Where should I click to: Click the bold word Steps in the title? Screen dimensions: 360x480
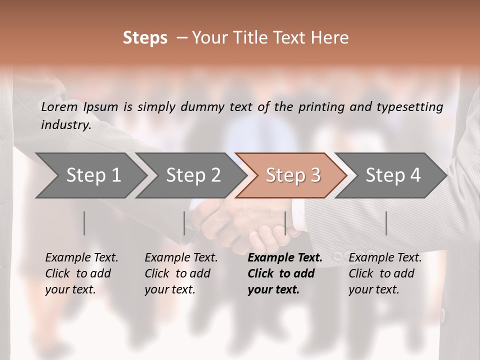[x=145, y=38]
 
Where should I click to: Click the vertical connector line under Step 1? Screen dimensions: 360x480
[x=84, y=223]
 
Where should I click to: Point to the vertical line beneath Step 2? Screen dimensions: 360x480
[x=184, y=223]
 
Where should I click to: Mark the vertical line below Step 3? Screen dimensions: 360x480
[x=285, y=223]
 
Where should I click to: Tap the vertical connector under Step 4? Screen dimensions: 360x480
[x=386, y=223]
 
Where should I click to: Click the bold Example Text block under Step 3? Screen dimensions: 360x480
[x=285, y=273]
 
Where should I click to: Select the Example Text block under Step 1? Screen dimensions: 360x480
[x=81, y=273]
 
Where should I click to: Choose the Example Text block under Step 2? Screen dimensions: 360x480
[x=181, y=273]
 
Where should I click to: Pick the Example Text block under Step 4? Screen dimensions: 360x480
[x=385, y=273]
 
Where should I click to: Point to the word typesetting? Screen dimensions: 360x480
[x=409, y=107]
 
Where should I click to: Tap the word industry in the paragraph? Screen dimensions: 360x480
[x=65, y=125]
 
